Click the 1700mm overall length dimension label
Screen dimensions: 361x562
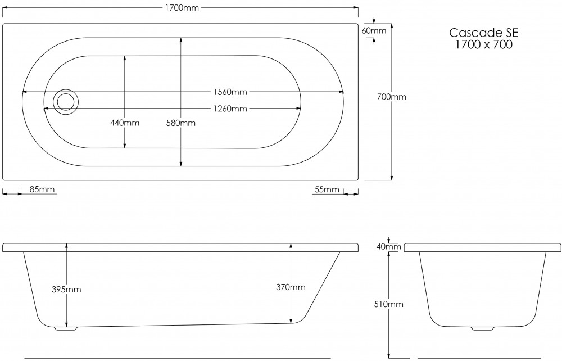180,8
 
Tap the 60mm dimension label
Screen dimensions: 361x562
374,30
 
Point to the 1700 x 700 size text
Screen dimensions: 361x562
483,45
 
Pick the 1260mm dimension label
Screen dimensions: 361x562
229,108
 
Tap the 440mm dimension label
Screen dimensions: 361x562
125,123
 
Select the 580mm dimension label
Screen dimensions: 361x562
181,123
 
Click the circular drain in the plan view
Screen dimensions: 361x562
66,101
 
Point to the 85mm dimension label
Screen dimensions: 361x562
42,189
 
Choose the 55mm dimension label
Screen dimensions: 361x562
327,189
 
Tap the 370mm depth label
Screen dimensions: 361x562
291,287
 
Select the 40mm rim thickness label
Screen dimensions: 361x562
389,246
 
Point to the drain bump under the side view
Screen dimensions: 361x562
66,328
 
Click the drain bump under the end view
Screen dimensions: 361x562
482,328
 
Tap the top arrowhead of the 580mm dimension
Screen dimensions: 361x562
181,40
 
